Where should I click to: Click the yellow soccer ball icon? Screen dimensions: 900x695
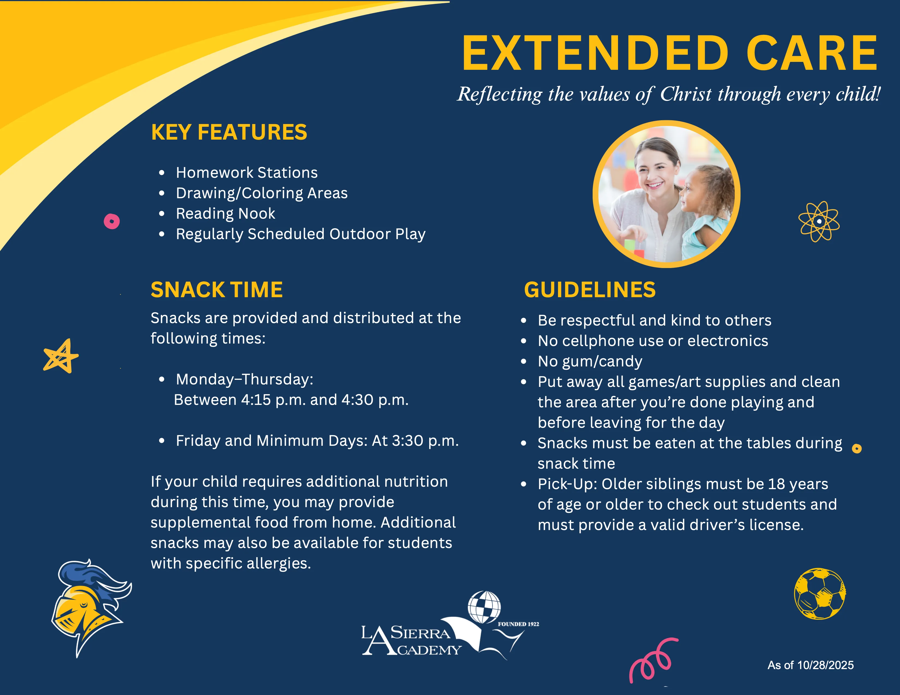click(x=820, y=594)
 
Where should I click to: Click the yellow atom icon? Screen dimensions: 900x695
click(x=819, y=221)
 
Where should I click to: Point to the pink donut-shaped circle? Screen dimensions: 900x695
click(x=112, y=221)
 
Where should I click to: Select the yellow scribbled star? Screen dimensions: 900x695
click(x=61, y=356)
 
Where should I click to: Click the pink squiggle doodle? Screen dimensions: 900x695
click(x=653, y=659)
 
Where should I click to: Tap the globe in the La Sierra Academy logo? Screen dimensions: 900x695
click(x=484, y=607)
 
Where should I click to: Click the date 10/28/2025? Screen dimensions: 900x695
click(x=826, y=665)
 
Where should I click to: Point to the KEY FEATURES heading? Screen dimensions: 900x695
click(x=229, y=132)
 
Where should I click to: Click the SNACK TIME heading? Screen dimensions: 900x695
click(x=217, y=290)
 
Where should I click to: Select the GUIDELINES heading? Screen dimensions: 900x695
click(x=590, y=290)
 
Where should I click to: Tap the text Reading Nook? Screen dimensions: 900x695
click(x=226, y=213)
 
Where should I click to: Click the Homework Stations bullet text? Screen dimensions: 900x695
click(x=247, y=172)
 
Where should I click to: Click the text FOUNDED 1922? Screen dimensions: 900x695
click(x=518, y=624)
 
